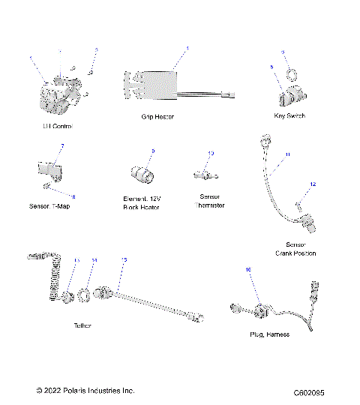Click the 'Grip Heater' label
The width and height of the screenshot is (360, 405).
157,118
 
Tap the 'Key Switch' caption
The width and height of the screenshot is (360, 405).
290,116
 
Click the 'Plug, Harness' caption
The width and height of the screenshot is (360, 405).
268,334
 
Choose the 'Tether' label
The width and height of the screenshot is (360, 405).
83,326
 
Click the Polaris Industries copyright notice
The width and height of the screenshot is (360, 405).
85,391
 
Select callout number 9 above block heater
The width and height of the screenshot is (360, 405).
153,151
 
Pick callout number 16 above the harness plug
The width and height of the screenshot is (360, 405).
249,268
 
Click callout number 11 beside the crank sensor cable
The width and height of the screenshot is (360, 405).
286,155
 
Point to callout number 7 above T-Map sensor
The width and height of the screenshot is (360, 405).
62,145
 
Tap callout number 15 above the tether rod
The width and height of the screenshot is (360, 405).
124,259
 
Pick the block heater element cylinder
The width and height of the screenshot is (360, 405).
142,175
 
